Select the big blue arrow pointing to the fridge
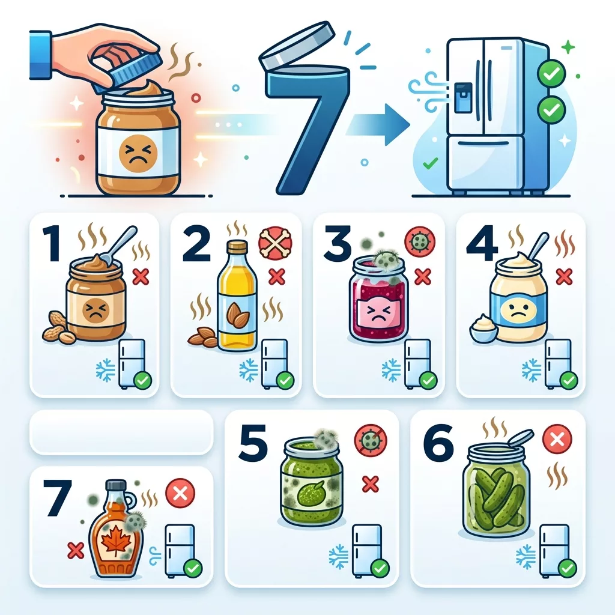(378, 124)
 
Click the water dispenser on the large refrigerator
(463, 97)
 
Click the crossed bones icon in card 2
(276, 243)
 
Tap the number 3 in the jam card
(338, 243)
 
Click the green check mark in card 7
(193, 568)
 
